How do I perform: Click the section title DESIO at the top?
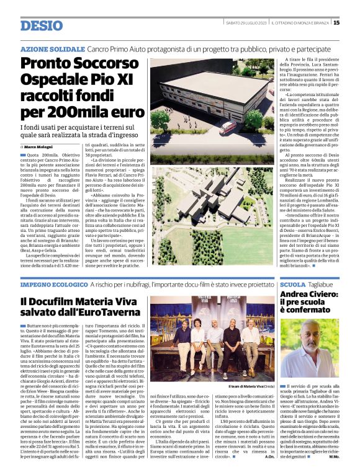[41, 25]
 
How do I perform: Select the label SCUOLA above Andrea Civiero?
[293, 283]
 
